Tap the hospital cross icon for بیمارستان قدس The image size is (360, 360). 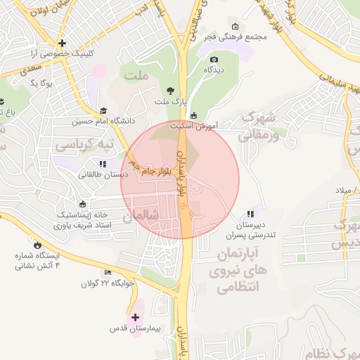tap(136, 317)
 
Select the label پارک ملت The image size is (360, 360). tap(172, 101)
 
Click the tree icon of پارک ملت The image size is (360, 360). tap(170, 90)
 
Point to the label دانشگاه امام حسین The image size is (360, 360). tap(103, 121)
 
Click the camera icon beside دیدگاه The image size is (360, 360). tap(214, 60)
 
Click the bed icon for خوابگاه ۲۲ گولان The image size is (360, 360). tap(108, 273)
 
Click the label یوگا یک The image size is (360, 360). tap(43, 83)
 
